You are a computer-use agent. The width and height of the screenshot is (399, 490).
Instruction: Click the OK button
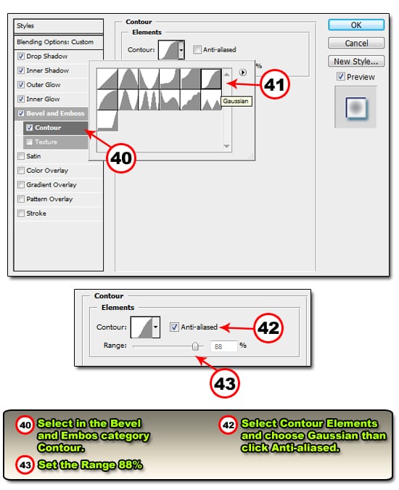[356, 25]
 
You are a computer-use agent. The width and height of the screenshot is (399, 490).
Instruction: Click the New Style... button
[356, 61]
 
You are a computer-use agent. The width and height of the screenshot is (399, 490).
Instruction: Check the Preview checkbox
[341, 76]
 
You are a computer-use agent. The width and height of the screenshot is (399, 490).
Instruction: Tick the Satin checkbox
[21, 156]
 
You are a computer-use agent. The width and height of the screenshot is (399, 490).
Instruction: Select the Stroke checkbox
[21, 213]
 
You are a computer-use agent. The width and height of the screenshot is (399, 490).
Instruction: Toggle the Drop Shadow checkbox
[21, 56]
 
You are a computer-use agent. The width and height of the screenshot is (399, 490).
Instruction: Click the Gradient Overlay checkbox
[21, 184]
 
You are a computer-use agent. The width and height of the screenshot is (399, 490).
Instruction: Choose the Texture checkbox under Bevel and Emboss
[29, 142]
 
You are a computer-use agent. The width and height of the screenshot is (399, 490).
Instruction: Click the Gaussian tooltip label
[236, 101]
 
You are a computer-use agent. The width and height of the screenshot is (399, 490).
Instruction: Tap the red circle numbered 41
[274, 84]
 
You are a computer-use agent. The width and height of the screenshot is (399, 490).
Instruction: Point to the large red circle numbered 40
[121, 158]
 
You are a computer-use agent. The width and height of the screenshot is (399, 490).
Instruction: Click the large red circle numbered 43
[224, 383]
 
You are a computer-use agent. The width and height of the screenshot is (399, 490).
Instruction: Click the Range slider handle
[195, 346]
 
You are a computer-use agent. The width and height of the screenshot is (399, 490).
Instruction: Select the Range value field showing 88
[224, 346]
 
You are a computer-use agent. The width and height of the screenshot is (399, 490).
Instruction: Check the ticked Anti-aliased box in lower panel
[174, 327]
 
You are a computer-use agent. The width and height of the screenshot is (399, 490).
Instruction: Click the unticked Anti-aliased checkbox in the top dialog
[197, 49]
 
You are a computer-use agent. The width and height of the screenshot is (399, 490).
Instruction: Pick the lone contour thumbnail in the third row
[107, 121]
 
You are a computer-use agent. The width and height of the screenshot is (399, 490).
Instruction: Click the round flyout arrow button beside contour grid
[242, 73]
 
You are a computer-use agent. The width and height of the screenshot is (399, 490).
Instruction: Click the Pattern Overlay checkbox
[21, 199]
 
